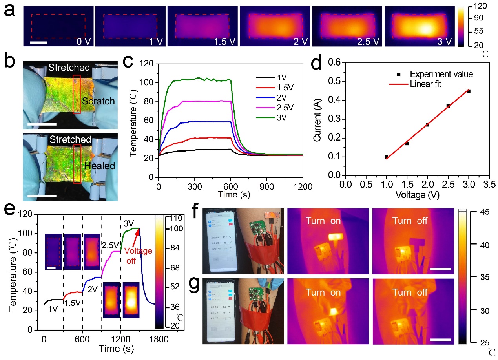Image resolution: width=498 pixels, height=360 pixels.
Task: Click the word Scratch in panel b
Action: [x=99, y=101]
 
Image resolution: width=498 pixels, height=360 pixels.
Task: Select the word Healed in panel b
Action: [x=99, y=166]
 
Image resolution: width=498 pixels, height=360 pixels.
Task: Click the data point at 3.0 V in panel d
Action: [x=469, y=91]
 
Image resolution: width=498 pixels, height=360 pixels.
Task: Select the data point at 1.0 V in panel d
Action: [x=387, y=157]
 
